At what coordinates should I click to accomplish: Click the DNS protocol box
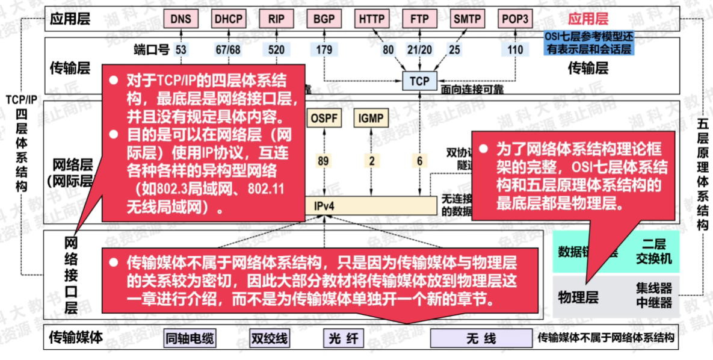click(181, 19)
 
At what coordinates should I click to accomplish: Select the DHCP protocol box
click(229, 19)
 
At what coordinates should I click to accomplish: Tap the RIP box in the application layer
click(276, 19)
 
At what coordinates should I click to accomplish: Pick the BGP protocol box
click(324, 19)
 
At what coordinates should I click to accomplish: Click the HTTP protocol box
click(372, 19)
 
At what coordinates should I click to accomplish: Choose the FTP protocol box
click(420, 19)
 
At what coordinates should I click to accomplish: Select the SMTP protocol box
click(468, 19)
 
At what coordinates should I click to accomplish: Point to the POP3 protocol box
click(516, 19)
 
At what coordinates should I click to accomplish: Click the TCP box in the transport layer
click(420, 81)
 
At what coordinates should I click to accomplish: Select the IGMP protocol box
click(371, 118)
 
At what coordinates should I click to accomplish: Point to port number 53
click(181, 50)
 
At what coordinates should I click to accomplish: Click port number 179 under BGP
click(324, 50)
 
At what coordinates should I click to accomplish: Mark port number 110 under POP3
click(516, 50)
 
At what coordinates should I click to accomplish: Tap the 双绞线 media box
click(268, 339)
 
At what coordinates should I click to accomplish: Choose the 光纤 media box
click(344, 339)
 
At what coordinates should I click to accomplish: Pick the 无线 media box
click(481, 339)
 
